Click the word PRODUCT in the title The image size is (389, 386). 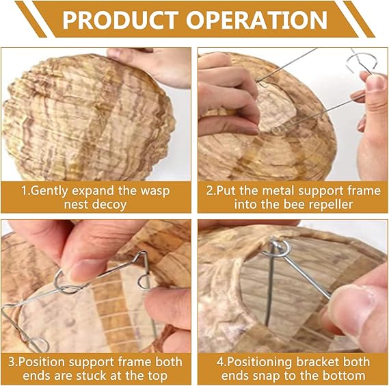120,20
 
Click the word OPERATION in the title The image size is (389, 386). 257,20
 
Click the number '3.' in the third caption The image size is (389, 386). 13,361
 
